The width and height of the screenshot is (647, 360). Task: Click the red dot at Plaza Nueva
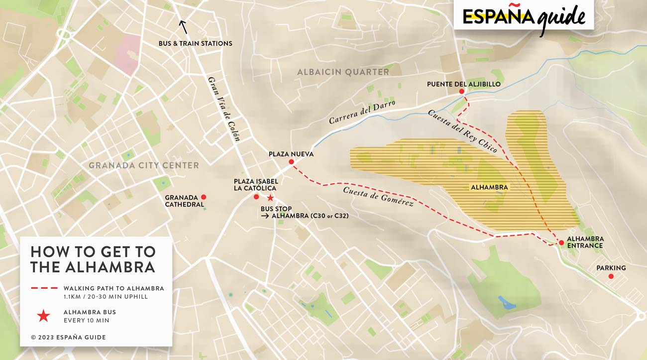click(x=292, y=162)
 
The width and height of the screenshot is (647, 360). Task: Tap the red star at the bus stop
click(x=270, y=198)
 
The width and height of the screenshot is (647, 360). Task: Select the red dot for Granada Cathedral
click(x=204, y=197)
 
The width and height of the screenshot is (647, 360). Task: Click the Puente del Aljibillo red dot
click(x=462, y=92)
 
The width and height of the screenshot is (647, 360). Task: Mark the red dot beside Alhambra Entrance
click(x=561, y=242)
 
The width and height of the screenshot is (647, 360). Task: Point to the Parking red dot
click(x=611, y=276)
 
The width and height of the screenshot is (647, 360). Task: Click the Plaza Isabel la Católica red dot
click(x=256, y=197)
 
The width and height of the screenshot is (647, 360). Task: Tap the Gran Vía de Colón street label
click(x=224, y=109)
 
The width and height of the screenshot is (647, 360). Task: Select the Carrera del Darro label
click(x=362, y=112)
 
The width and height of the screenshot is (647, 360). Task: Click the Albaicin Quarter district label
click(x=343, y=72)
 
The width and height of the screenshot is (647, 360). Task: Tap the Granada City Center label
click(x=144, y=165)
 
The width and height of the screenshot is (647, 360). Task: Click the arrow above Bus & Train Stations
click(x=183, y=26)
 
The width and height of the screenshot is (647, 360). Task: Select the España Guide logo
click(x=524, y=16)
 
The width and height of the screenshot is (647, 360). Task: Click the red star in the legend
click(x=44, y=316)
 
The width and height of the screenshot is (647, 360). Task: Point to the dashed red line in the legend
click(x=43, y=288)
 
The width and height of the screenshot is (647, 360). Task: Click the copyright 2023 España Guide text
click(x=68, y=337)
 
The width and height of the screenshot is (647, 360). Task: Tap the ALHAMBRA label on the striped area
click(x=489, y=188)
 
